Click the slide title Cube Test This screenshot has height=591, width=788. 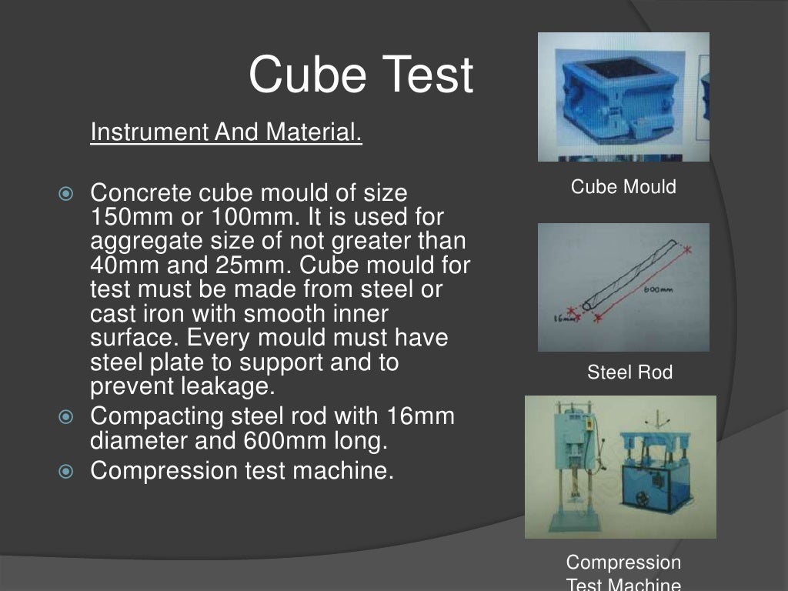pos(360,75)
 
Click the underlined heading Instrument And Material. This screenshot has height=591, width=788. pos(225,133)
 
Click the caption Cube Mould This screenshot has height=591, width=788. pos(623,187)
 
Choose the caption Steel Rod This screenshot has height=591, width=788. pos(629,373)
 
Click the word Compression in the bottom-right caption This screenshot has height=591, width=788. pos(623,563)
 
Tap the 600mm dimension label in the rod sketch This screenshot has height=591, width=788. pos(657,290)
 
